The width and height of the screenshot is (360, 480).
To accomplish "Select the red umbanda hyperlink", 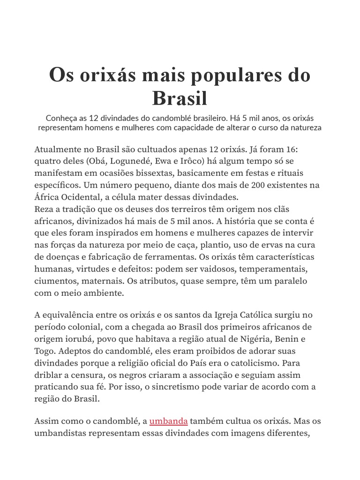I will tap(169, 420).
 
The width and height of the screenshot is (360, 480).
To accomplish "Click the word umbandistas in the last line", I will tap(60, 433).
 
